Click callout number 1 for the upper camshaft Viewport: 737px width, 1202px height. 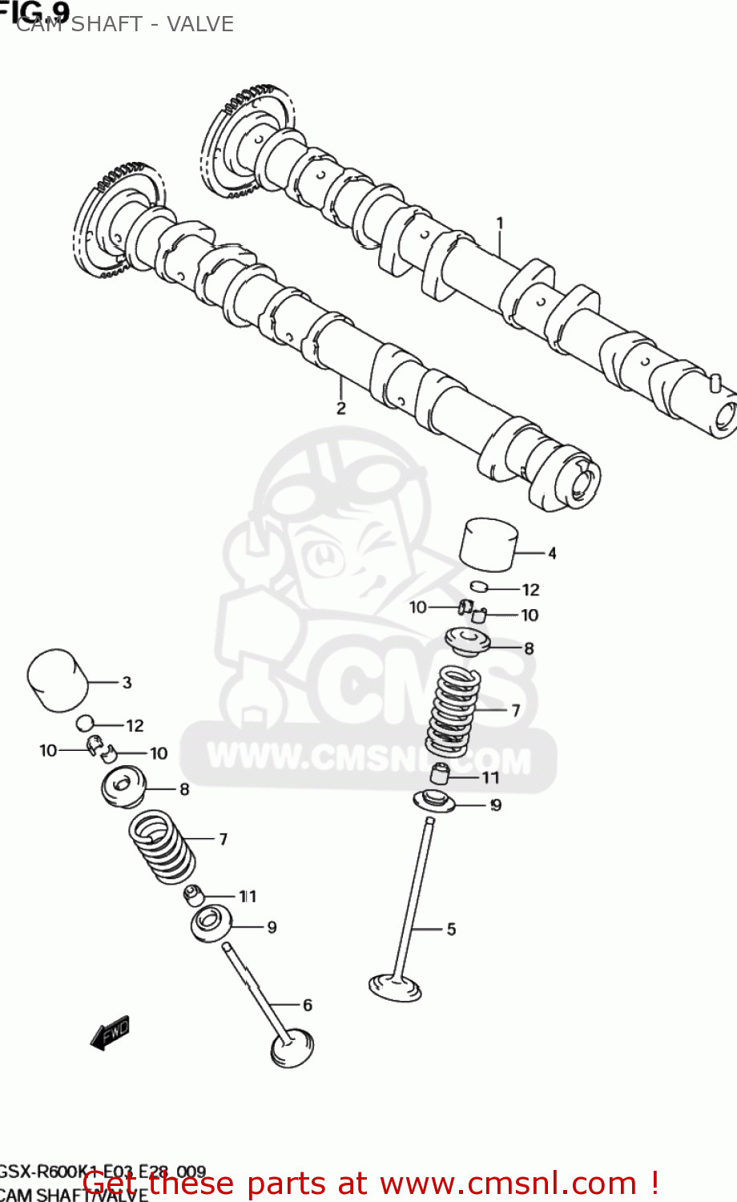[500, 223]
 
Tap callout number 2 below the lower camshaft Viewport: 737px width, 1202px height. [341, 408]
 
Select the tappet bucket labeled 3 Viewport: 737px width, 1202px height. [56, 680]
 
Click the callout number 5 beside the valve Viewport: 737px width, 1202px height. [451, 929]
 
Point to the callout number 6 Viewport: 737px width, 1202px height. [307, 1005]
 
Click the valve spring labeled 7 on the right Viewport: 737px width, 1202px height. [454, 711]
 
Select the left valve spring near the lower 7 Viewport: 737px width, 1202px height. [162, 846]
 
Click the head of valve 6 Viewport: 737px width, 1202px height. [292, 1050]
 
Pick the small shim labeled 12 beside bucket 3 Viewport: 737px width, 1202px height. [86, 724]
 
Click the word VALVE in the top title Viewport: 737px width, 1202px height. [200, 24]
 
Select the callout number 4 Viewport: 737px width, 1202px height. [552, 553]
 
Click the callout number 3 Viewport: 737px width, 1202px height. [127, 683]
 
